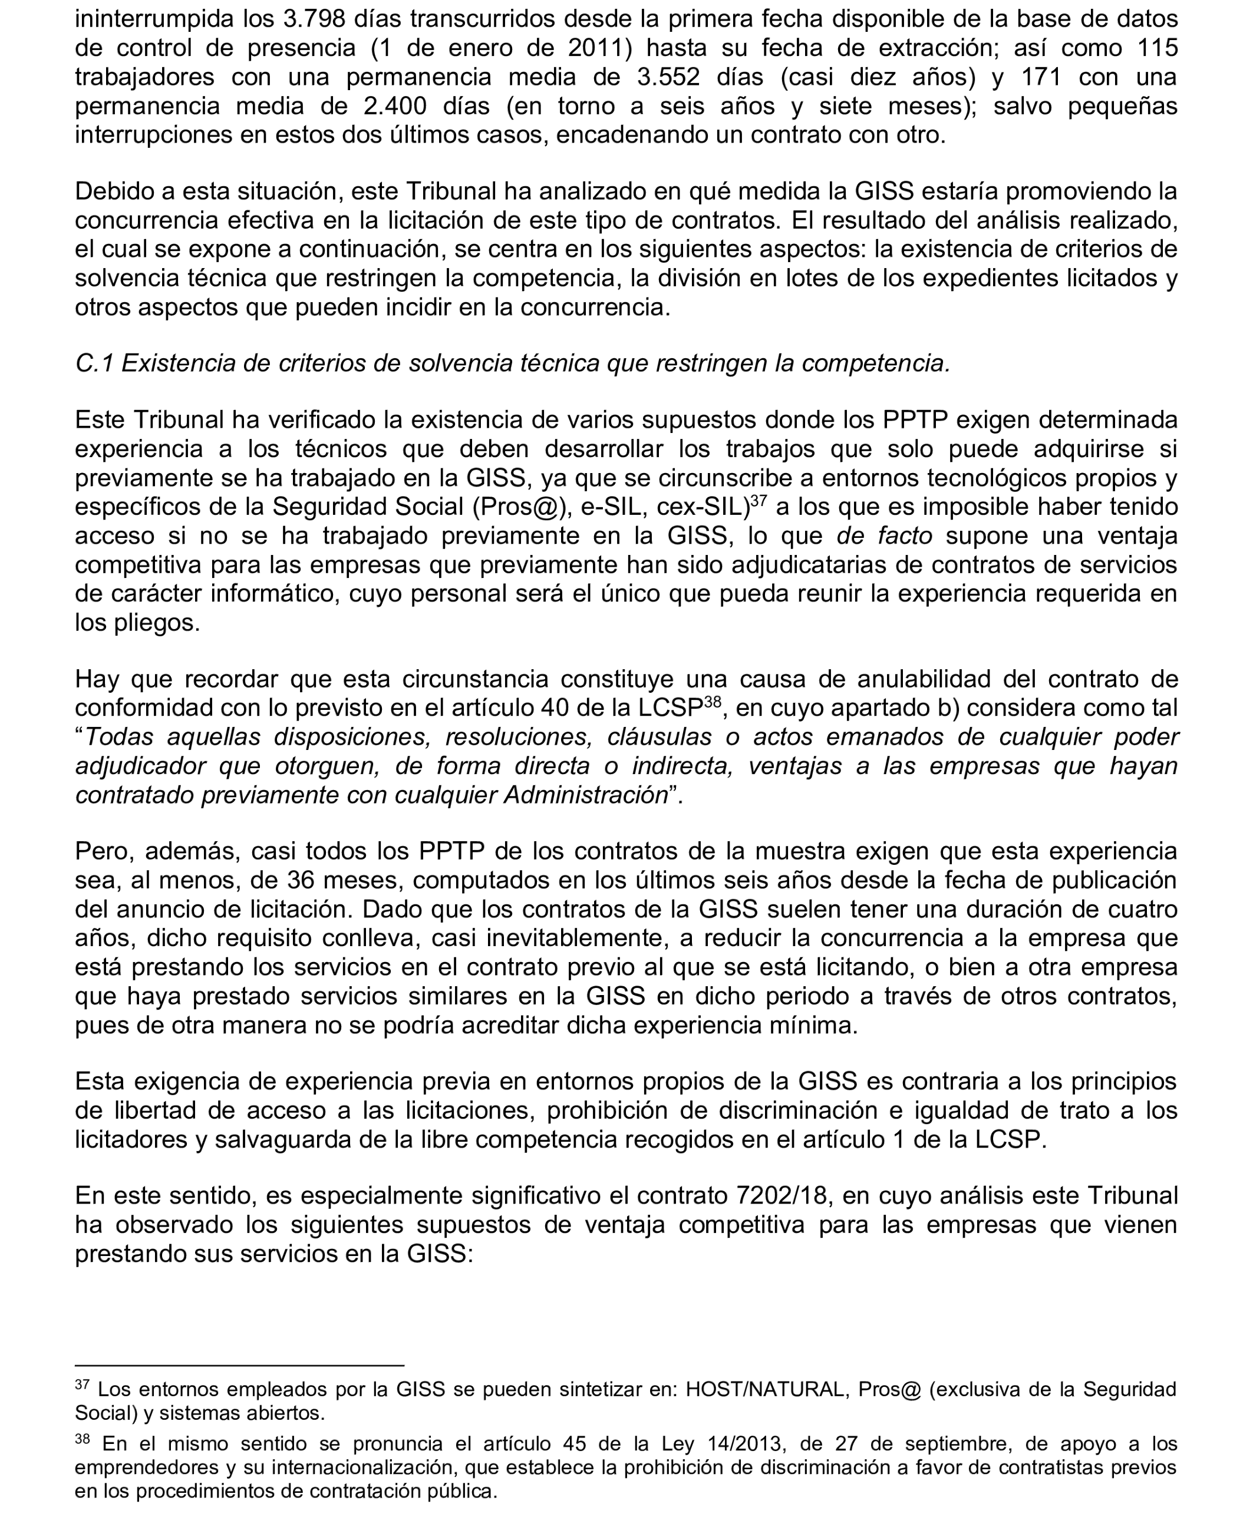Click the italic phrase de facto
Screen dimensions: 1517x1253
click(884, 536)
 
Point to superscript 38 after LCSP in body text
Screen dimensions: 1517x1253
click(713, 701)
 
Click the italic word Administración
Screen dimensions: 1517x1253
click(585, 794)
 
